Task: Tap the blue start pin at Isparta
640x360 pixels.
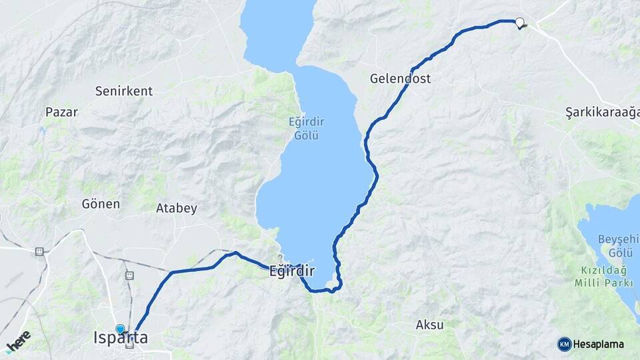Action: pyautogui.click(x=120, y=329)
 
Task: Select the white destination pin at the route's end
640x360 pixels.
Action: pyautogui.click(x=519, y=22)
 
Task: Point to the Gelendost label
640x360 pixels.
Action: pyautogui.click(x=400, y=79)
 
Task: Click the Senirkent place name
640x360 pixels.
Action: pyautogui.click(x=124, y=91)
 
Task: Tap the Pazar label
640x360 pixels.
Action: pyautogui.click(x=62, y=112)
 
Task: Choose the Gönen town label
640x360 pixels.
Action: pyautogui.click(x=101, y=204)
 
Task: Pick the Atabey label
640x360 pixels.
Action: pyautogui.click(x=177, y=208)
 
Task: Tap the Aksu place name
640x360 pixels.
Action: pyautogui.click(x=430, y=325)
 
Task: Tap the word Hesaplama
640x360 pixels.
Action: pyautogui.click(x=598, y=344)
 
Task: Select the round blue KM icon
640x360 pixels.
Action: pyautogui.click(x=564, y=344)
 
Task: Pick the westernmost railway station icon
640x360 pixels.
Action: pyautogui.click(x=39, y=251)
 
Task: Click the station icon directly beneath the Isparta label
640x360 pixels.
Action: pyautogui.click(x=129, y=345)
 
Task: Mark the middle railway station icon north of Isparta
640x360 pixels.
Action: pyautogui.click(x=129, y=275)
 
